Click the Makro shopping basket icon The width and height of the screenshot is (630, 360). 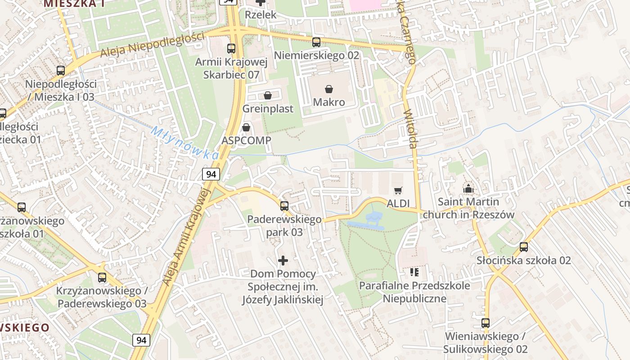click(329, 89)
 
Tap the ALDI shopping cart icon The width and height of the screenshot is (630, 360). click(398, 191)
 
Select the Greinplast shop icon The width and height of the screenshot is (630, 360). click(268, 95)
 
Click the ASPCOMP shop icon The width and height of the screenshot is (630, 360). click(246, 128)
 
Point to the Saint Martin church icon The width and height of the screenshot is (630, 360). click(468, 189)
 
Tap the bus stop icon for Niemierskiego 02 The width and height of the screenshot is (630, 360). click(316, 42)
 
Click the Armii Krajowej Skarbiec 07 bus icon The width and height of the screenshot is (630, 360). click(231, 49)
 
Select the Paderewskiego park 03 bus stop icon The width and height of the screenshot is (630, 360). click(284, 206)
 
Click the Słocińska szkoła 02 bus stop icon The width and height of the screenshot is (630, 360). click(523, 247)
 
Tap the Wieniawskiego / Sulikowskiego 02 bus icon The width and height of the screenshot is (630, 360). click(485, 323)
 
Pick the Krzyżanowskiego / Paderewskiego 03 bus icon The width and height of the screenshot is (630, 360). click(102, 277)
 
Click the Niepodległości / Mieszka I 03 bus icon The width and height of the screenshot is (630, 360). click(61, 71)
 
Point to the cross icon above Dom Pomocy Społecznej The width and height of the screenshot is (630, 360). click(283, 260)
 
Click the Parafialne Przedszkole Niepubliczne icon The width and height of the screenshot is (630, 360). click(414, 272)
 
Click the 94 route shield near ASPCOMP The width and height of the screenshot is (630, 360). click(211, 174)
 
